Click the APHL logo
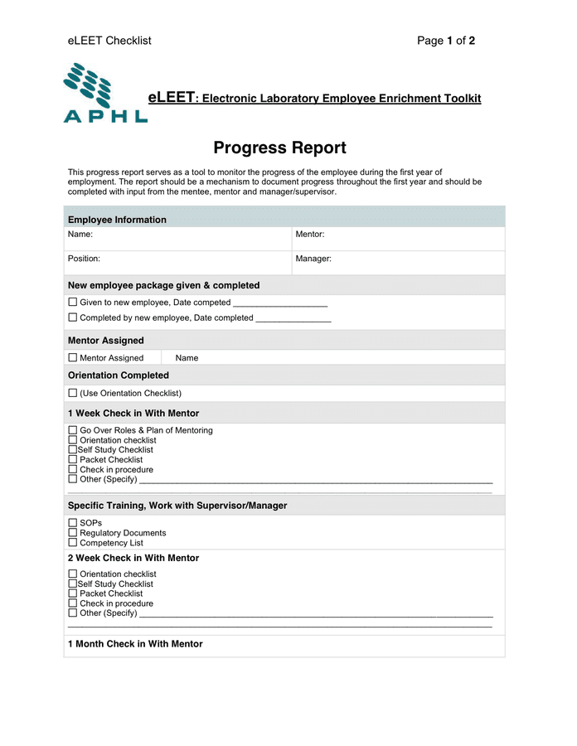pyautogui.click(x=104, y=94)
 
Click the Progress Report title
pyautogui.click(x=279, y=148)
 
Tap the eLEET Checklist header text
pyautogui.click(x=109, y=41)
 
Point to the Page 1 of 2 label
pyautogui.click(x=446, y=41)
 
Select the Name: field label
pyautogui.click(x=80, y=235)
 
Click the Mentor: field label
pyautogui.click(x=309, y=235)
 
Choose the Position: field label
pyautogui.click(x=84, y=259)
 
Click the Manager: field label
pyautogui.click(x=313, y=259)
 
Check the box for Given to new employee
pyautogui.click(x=73, y=303)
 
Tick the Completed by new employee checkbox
pyautogui.click(x=73, y=317)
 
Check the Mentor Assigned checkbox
pyautogui.click(x=73, y=358)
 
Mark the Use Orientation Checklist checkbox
pyautogui.click(x=73, y=393)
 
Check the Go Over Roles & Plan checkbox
pyautogui.click(x=73, y=430)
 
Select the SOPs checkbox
pyautogui.click(x=73, y=523)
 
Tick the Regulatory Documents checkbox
pyautogui.click(x=73, y=533)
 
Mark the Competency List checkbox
pyautogui.click(x=73, y=543)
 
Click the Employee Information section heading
pyautogui.click(x=117, y=220)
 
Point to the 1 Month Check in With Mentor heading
pyautogui.click(x=135, y=644)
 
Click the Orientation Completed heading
pyautogui.click(x=118, y=375)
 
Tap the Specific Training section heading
pyautogui.click(x=177, y=506)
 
